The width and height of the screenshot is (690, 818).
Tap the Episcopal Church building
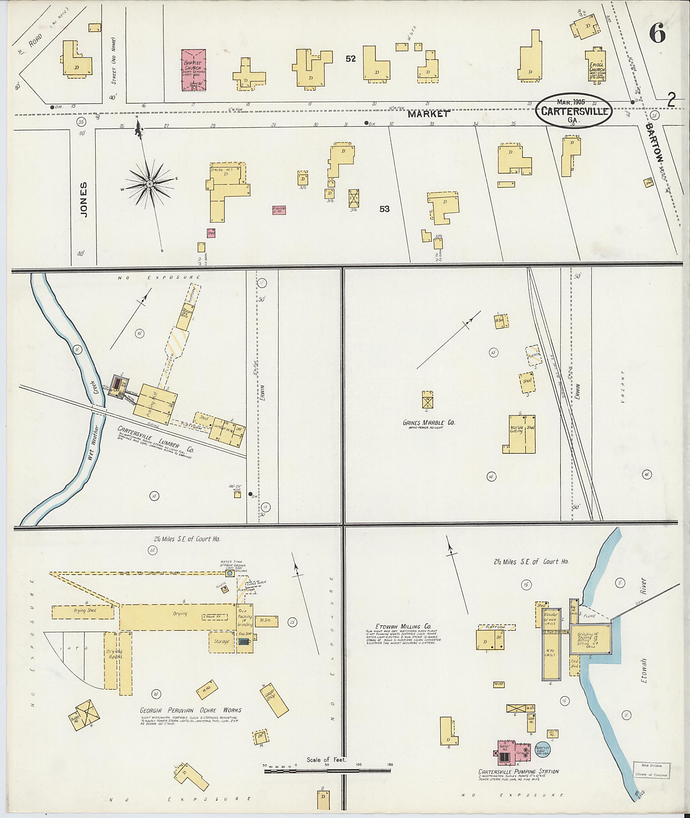(595, 66)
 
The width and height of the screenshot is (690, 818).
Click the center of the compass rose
(150, 184)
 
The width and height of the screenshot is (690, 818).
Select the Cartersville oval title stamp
(574, 111)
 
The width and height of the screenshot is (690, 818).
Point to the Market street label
(428, 114)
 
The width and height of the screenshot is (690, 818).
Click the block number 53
(384, 209)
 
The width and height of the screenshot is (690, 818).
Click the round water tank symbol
(230, 573)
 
